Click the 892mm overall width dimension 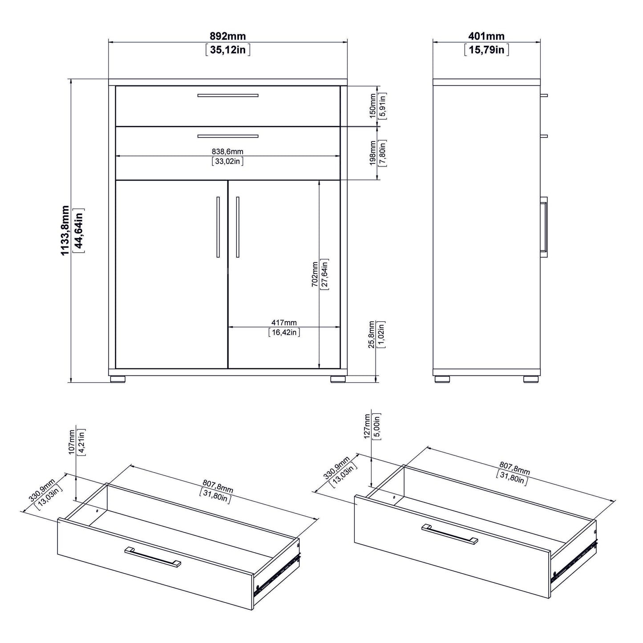[227, 36]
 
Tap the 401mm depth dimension [486, 36]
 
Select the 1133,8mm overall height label [66, 230]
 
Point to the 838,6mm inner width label [227, 152]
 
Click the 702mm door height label [315, 274]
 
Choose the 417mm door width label [284, 323]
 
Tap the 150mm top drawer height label [372, 105]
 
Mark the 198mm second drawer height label [372, 154]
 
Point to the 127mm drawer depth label [367, 426]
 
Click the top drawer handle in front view [228, 95]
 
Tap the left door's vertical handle [218, 227]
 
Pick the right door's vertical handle [238, 227]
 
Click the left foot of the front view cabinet [117, 380]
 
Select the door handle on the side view [544, 227]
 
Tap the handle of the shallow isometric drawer [153, 557]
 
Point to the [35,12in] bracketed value [227, 49]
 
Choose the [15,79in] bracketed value [486, 49]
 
